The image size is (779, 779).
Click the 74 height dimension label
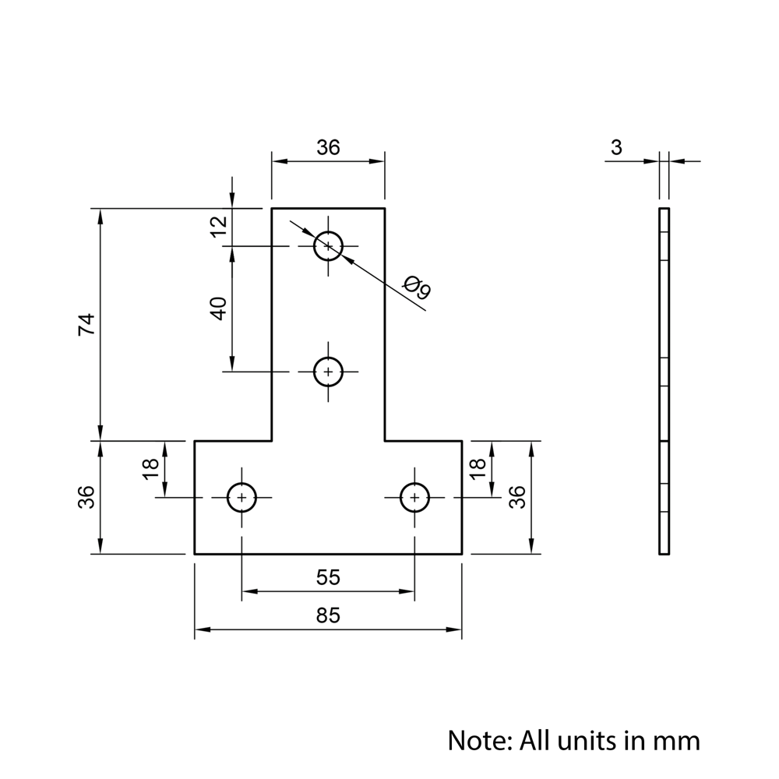point(86,324)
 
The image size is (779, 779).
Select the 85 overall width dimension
point(328,615)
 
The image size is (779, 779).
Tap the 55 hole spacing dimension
point(328,577)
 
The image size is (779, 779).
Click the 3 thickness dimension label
point(616,147)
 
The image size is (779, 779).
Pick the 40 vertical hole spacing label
point(219,308)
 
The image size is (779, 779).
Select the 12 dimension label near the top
point(219,225)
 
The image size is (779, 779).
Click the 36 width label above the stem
point(328,147)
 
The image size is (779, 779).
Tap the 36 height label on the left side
point(86,497)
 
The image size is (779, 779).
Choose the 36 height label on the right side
point(517,497)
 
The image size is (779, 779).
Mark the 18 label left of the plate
point(151,467)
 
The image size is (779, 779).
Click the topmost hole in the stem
point(328,246)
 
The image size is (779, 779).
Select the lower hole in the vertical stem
point(328,372)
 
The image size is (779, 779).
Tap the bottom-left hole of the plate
point(242,497)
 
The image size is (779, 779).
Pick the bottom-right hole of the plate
point(414,497)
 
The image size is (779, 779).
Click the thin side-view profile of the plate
point(664,382)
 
